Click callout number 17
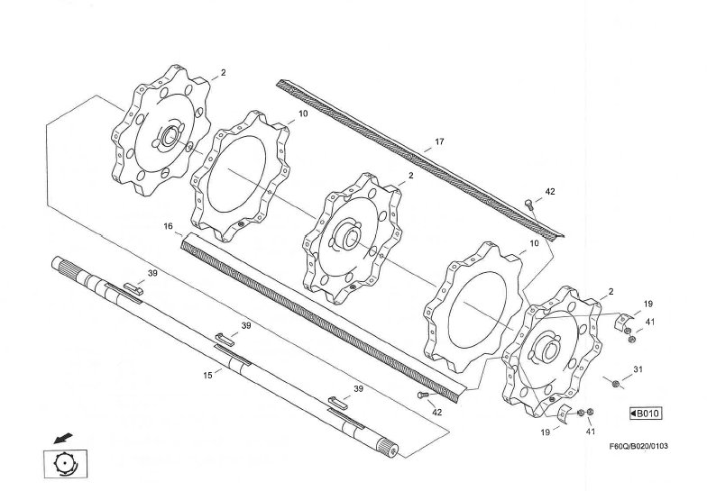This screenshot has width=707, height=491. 439,141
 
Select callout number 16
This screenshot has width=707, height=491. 168,227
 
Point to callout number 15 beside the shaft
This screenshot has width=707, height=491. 207,375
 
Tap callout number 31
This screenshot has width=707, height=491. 638,368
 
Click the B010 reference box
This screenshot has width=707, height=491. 646,414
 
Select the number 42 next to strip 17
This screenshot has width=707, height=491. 550,193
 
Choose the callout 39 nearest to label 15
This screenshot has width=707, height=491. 245,325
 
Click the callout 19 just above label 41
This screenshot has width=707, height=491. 647,305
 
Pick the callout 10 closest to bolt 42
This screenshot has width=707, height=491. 534,243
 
